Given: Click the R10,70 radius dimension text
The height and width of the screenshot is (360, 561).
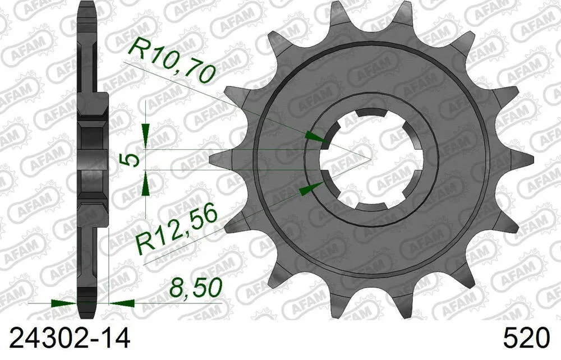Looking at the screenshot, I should pos(171,61).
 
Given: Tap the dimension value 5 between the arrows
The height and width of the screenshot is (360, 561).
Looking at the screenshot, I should pos(131,160).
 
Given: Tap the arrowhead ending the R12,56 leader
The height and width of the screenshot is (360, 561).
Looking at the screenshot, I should pos(308,188).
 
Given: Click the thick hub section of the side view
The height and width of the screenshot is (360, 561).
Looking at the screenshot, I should pos(91,160).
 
